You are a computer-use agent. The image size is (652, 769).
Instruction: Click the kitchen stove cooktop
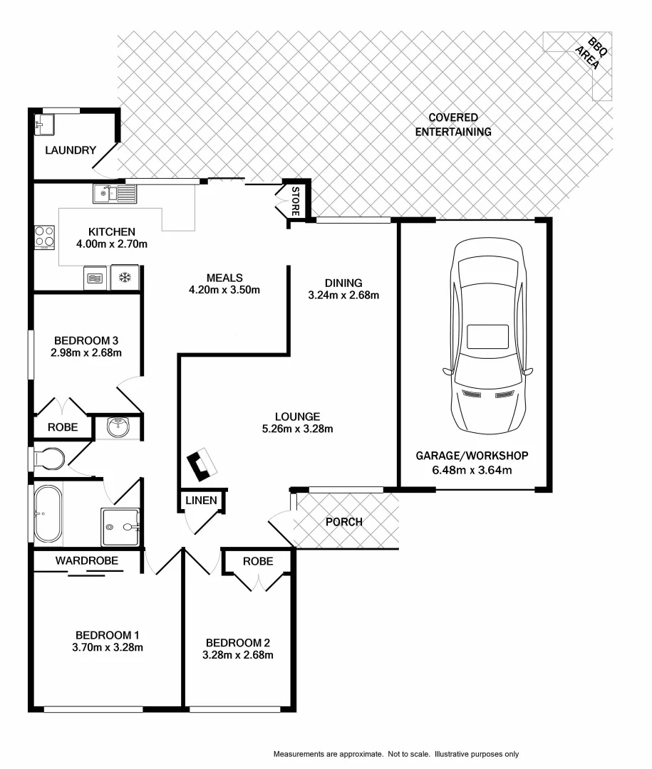tap(44, 236)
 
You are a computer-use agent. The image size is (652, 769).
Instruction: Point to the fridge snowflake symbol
tap(125, 278)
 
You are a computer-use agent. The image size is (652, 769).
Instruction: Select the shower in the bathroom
tap(120, 526)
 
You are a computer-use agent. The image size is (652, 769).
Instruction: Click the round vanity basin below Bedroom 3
tap(117, 427)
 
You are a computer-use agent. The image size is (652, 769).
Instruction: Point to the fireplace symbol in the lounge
tap(202, 464)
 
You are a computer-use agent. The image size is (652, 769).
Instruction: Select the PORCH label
tap(343, 522)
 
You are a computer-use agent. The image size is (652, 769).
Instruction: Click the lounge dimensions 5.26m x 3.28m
tap(297, 429)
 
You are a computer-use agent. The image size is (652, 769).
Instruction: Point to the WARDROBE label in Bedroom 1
tap(87, 561)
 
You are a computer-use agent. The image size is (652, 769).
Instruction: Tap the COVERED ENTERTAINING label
tap(453, 125)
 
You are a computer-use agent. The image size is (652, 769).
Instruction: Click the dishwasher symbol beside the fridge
tap(95, 278)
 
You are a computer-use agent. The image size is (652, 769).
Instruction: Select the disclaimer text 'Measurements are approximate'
tap(328, 753)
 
